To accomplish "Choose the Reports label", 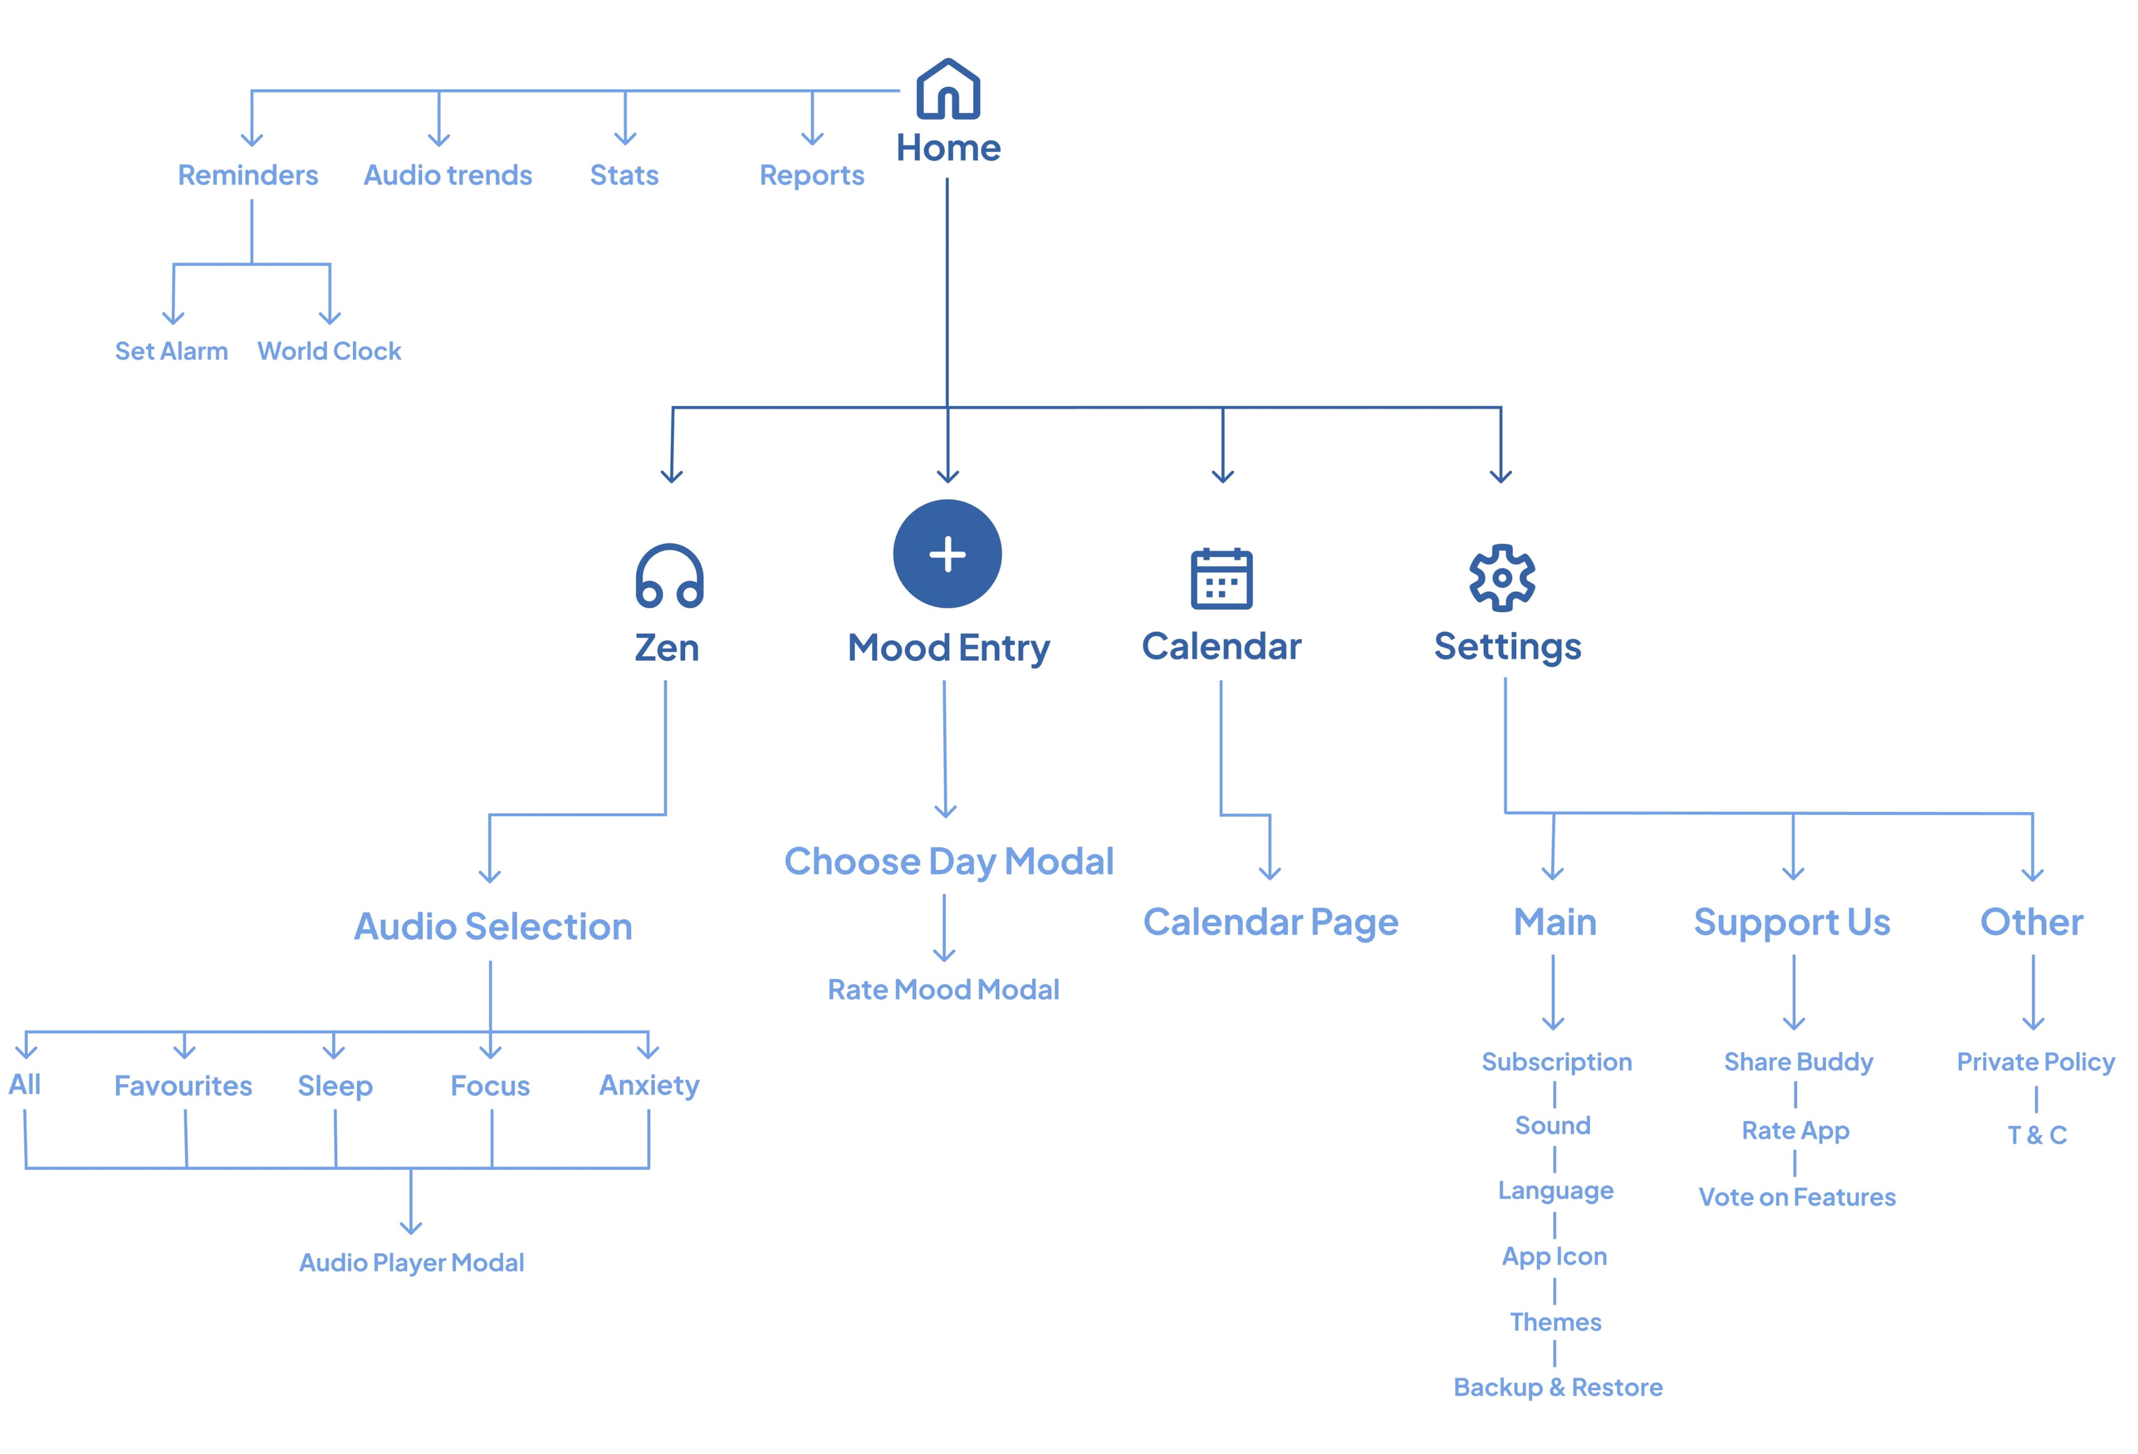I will [812, 175].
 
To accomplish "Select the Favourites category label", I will [183, 1086].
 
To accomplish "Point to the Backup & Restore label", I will [1557, 1387].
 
